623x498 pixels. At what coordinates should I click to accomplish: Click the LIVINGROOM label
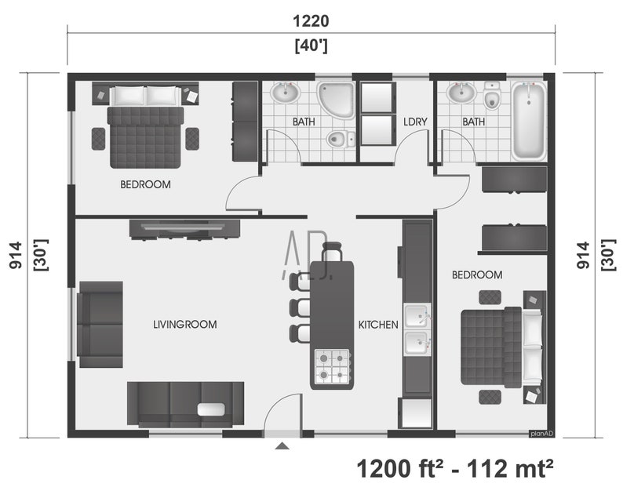(184, 324)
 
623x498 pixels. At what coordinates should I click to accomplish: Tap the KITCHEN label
(378, 324)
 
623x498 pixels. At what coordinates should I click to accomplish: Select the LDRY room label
(414, 122)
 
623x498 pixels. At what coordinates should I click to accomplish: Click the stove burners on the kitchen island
(331, 365)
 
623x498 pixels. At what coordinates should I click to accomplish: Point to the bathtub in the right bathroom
(529, 121)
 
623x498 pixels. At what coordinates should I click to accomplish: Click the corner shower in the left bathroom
(336, 100)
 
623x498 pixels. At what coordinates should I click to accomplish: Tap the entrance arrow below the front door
(282, 446)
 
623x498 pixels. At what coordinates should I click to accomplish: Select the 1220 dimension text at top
(311, 21)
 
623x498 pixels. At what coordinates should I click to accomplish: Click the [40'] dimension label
(311, 46)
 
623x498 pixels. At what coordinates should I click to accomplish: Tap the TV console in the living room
(184, 228)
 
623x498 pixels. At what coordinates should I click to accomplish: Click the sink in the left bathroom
(285, 94)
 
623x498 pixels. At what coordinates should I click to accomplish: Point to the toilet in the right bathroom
(492, 98)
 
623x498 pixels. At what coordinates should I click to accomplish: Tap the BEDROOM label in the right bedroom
(477, 274)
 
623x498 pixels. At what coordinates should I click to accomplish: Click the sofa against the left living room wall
(100, 324)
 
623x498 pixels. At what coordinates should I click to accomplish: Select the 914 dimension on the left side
(15, 256)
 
